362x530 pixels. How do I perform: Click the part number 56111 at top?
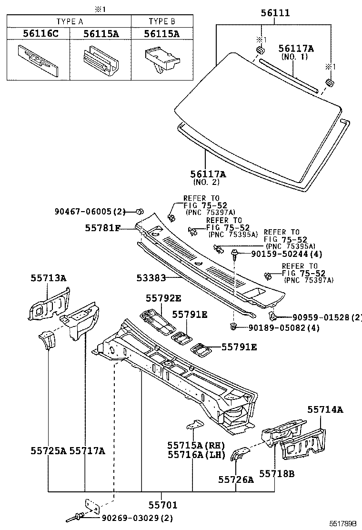(275, 13)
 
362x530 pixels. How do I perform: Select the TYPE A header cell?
(70, 21)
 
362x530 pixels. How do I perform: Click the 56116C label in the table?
(38, 34)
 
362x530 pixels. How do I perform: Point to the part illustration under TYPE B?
(162, 59)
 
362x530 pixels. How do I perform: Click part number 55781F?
(103, 228)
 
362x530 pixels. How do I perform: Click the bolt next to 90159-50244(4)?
(234, 254)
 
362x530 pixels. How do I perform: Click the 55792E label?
(163, 299)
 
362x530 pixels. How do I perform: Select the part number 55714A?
(325, 409)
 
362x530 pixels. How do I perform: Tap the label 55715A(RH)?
(195, 445)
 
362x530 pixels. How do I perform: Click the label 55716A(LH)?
(195, 455)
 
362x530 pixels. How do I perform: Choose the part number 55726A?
(236, 479)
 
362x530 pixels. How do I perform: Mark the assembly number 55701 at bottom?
(162, 505)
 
